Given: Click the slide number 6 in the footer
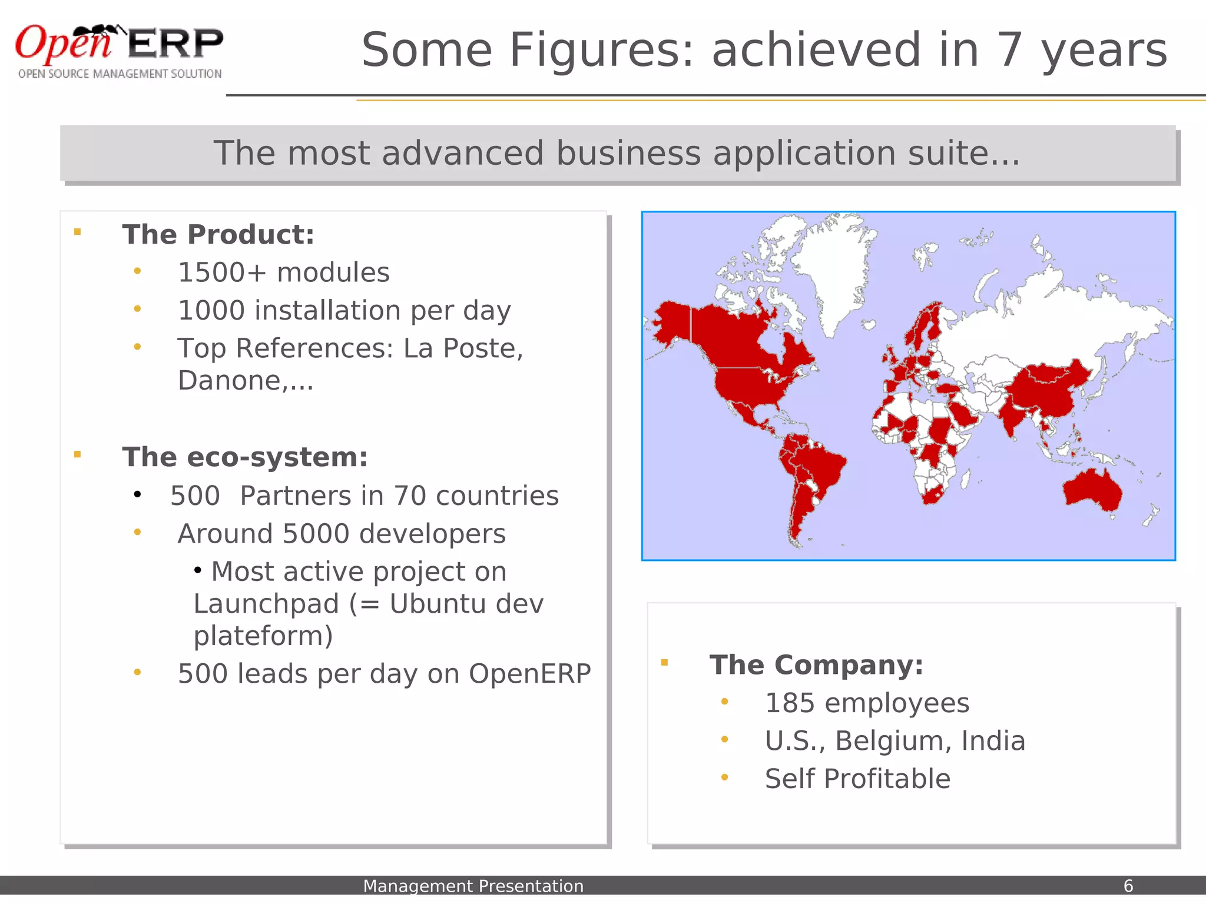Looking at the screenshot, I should tap(1128, 886).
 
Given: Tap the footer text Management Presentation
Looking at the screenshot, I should tap(473, 886).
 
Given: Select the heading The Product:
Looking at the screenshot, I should tap(218, 234).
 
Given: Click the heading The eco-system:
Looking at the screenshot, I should tap(245, 457).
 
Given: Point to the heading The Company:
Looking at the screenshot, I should tap(816, 665).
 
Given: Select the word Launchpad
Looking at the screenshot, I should tap(266, 604).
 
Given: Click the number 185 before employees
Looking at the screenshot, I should tap(790, 703).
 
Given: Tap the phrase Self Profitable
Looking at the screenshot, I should tap(857, 779).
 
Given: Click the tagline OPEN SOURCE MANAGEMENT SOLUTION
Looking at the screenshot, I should tap(120, 74).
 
